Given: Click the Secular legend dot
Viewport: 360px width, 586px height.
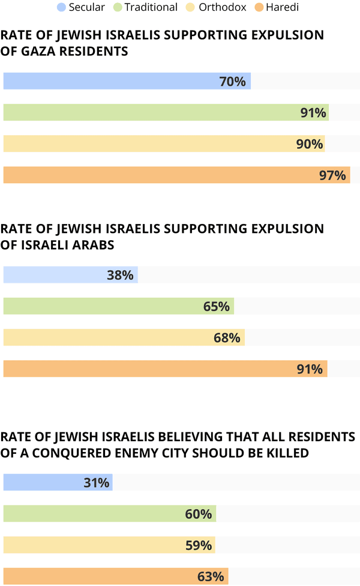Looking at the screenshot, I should pyautogui.click(x=61, y=7).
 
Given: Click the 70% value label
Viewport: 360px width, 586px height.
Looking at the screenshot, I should pyautogui.click(x=233, y=81).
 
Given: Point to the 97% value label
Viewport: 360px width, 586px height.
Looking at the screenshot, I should pyautogui.click(x=332, y=175).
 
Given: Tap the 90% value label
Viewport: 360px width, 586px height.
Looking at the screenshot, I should pyautogui.click(x=310, y=144).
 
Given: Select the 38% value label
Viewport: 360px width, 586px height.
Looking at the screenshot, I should pyautogui.click(x=120, y=275).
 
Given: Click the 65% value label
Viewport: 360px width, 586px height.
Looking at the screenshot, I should pyautogui.click(x=217, y=306).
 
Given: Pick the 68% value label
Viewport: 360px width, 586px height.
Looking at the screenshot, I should pyautogui.click(x=227, y=337).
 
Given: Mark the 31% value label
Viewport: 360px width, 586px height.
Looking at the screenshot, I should pyautogui.click(x=97, y=482).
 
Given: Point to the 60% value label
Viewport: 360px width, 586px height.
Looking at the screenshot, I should pyautogui.click(x=199, y=514).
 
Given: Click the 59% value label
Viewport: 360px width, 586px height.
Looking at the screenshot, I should pyautogui.click(x=198, y=545).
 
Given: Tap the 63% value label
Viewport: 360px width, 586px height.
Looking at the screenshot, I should pyautogui.click(x=211, y=577).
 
